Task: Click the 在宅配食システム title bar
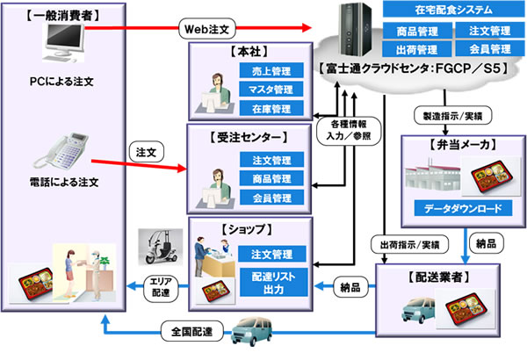[x=448, y=11]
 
